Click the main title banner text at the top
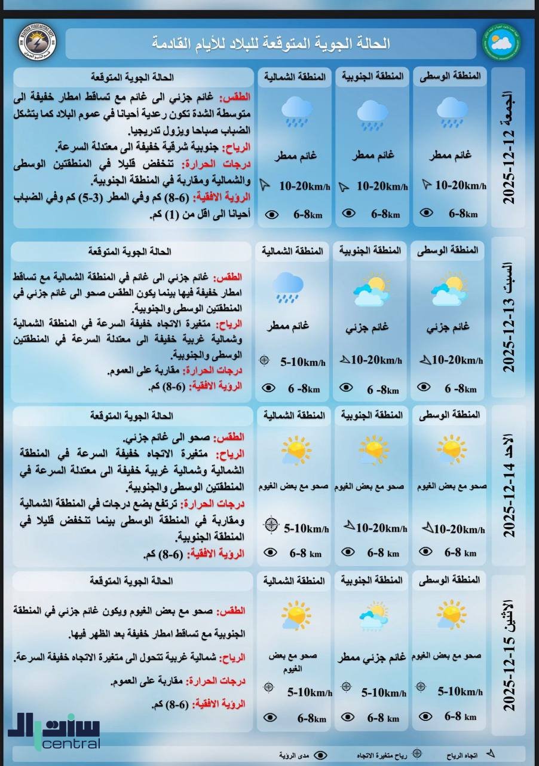[271, 43]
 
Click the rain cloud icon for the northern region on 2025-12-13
[289, 287]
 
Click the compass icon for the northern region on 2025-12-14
[271, 525]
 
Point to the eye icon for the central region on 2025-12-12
[427, 212]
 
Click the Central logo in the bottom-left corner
[54, 730]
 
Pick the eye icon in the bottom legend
[320, 756]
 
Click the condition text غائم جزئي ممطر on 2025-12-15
[371, 656]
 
